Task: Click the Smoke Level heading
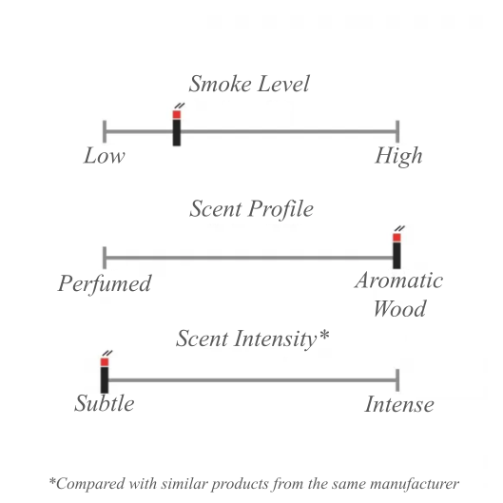coord(249,84)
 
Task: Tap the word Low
coord(105,156)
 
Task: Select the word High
coord(398,156)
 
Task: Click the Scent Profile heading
coord(251,209)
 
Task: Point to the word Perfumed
coord(105,283)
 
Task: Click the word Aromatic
coord(399,281)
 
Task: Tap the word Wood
coord(399,308)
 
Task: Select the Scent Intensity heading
coord(253,339)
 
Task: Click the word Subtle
coord(105,403)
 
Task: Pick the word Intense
coord(399,404)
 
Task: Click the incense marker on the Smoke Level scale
coord(177,125)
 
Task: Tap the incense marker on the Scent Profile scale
coord(397,247)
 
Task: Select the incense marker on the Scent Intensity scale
coord(105,372)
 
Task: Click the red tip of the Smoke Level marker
coord(177,115)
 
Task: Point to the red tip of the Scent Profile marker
coord(397,238)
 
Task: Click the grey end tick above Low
coord(105,131)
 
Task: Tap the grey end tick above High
coord(397,131)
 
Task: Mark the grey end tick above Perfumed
coord(105,258)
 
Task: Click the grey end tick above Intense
coord(397,380)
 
